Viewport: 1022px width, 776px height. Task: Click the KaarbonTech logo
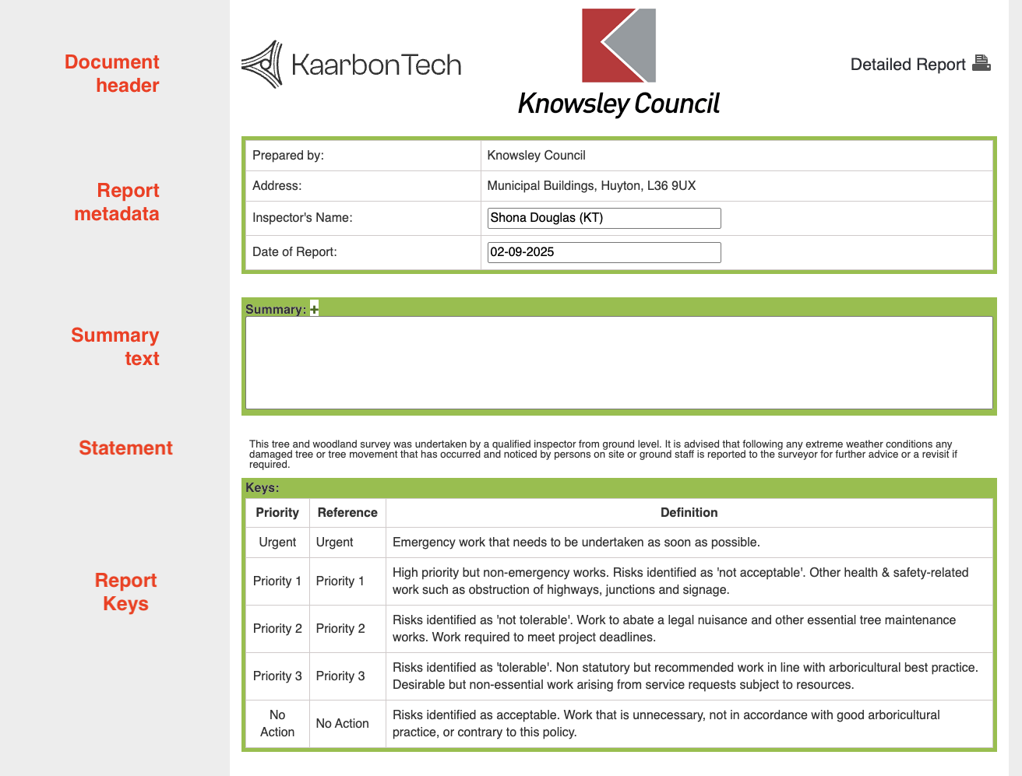[351, 65]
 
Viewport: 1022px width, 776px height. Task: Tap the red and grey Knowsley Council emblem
[618, 46]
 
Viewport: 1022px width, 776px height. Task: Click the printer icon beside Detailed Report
[981, 64]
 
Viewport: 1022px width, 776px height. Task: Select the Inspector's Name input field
[604, 218]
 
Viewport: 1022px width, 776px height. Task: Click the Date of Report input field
[604, 252]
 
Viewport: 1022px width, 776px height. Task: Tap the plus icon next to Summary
[314, 309]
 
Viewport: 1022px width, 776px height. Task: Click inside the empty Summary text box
[618, 363]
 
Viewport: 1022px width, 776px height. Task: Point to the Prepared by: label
[288, 156]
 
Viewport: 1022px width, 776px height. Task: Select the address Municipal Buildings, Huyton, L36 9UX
[591, 186]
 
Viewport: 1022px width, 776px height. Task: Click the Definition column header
[689, 513]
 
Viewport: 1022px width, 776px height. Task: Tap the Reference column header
[347, 513]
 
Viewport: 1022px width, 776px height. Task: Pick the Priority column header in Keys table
[277, 513]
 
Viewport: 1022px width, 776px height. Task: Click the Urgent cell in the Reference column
[335, 542]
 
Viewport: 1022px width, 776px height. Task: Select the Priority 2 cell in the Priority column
[277, 629]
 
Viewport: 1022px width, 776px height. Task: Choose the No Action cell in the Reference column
[343, 724]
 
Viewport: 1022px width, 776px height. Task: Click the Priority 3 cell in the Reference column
[340, 676]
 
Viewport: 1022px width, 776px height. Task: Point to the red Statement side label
[125, 448]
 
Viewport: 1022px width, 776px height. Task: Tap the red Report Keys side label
[125, 592]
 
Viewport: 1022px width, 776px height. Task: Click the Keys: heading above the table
[263, 488]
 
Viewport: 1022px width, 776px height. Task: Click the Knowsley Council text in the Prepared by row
[536, 156]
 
